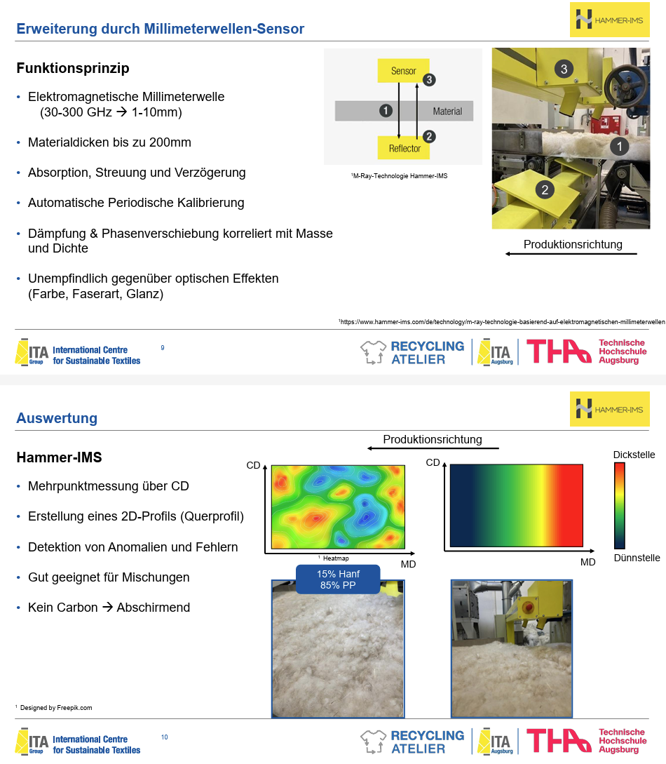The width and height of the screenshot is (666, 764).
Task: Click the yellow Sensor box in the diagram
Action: point(403,71)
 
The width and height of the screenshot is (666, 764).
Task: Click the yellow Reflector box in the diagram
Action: point(405,148)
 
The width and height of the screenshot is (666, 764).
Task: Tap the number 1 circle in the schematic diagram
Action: point(385,110)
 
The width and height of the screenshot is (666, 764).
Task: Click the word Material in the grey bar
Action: point(447,111)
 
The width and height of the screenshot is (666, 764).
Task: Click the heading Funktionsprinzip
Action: point(73,69)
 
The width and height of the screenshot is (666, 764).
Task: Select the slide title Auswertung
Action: point(57,418)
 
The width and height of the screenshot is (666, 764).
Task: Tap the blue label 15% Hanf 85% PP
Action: point(339,579)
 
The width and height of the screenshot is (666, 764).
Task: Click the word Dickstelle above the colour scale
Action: point(634,455)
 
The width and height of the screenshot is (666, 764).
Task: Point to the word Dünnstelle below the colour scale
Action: point(637,558)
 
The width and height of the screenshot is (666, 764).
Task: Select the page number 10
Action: point(165,737)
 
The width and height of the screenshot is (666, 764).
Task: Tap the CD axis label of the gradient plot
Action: point(433,462)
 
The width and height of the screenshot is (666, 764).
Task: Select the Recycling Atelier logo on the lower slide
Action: point(413,742)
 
